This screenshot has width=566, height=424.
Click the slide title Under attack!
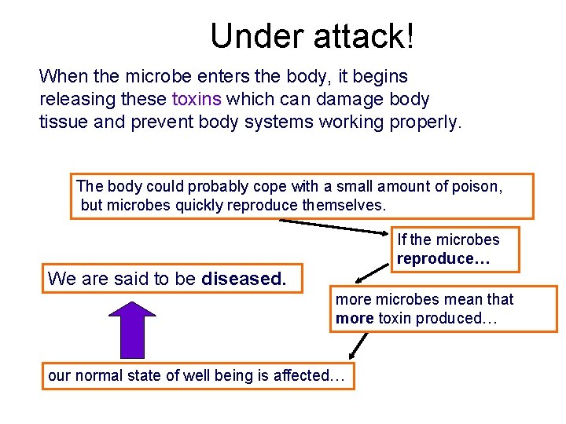[312, 35]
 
